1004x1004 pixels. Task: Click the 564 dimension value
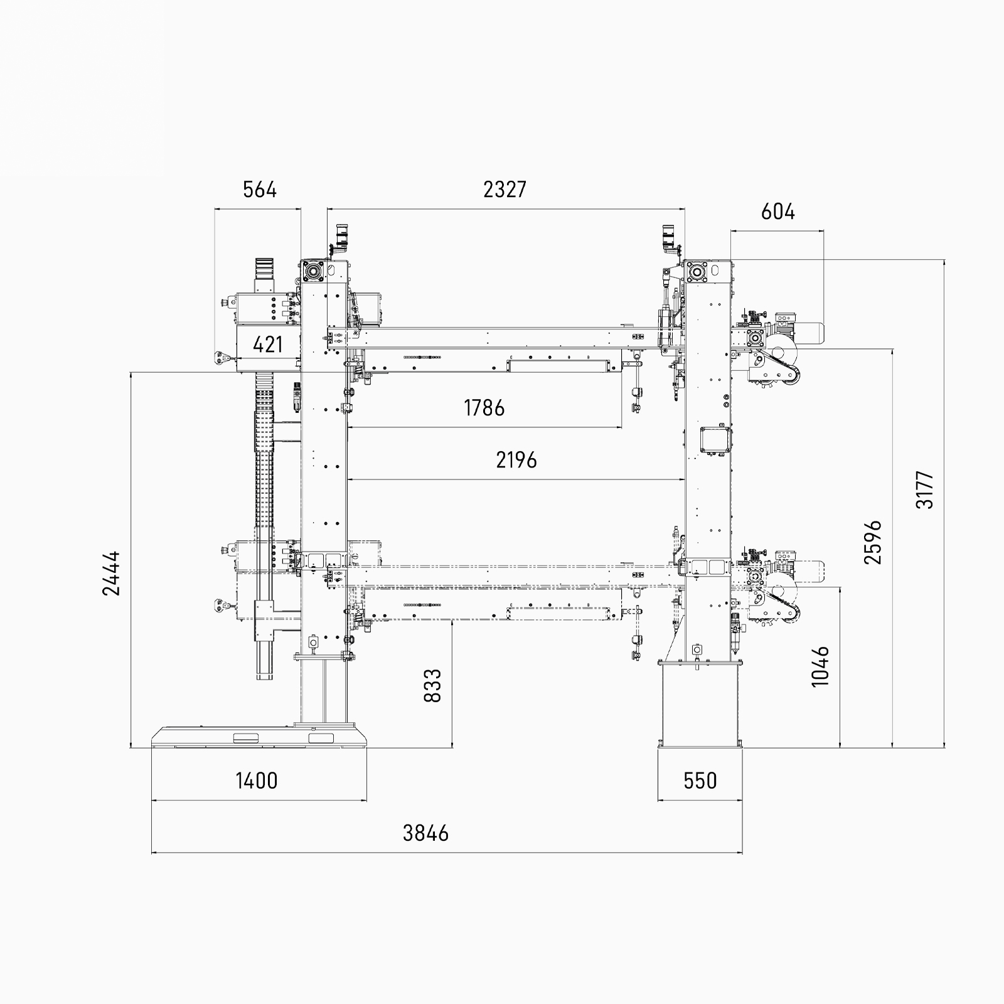tap(260, 189)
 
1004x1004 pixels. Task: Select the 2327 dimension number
tap(505, 189)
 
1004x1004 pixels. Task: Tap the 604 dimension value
tap(777, 212)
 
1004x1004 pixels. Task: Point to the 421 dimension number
tap(267, 344)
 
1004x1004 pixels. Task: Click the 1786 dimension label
tap(484, 409)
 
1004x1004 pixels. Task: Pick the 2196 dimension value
tap(516, 461)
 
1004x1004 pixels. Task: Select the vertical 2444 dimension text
tap(111, 574)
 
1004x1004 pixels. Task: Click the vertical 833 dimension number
tap(432, 686)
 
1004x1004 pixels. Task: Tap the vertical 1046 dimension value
tap(820, 666)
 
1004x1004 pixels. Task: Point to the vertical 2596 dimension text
tap(873, 542)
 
